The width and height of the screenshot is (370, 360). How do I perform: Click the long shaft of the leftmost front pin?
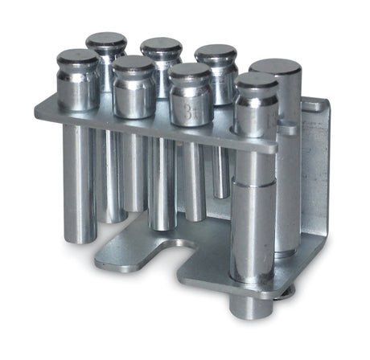pyautogui.click(x=79, y=173)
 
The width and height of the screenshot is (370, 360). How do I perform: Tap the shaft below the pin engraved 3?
pyautogui.click(x=192, y=181)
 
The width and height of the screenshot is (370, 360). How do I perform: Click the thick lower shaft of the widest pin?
pyautogui.click(x=253, y=233)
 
